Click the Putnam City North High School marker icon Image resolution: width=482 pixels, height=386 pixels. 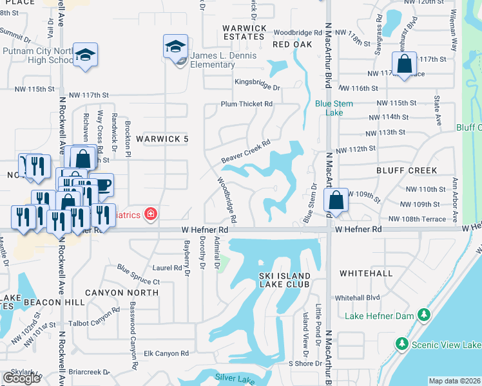click(x=84, y=55)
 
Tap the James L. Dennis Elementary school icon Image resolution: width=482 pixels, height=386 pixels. click(x=175, y=46)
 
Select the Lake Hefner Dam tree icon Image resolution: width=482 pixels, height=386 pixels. click(x=423, y=315)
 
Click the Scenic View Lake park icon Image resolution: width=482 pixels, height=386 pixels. click(x=401, y=344)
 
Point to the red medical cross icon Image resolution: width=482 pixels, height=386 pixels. click(x=150, y=214)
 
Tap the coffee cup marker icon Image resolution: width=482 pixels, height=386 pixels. click(x=101, y=185)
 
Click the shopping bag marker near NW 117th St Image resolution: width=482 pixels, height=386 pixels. click(x=404, y=64)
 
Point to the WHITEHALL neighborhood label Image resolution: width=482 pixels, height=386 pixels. click(x=366, y=273)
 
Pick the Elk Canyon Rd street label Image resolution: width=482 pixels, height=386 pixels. click(x=166, y=353)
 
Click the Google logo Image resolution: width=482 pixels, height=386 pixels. click(x=21, y=378)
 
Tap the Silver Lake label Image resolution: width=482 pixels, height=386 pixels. click(x=231, y=377)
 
